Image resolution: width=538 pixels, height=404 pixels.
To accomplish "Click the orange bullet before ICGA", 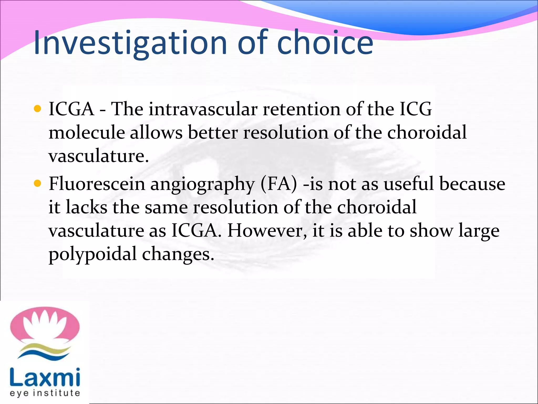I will click(x=38, y=109).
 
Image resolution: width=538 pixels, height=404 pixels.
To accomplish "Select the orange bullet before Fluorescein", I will click(x=38, y=183).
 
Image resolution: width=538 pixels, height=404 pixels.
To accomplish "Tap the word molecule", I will click(x=87, y=132).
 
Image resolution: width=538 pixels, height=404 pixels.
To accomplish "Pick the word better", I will click(x=213, y=132).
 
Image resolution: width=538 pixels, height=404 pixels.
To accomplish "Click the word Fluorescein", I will click(x=97, y=184).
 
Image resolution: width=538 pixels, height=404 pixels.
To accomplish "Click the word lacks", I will click(x=86, y=207).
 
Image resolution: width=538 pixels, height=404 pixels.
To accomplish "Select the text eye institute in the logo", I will click(x=45, y=393).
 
